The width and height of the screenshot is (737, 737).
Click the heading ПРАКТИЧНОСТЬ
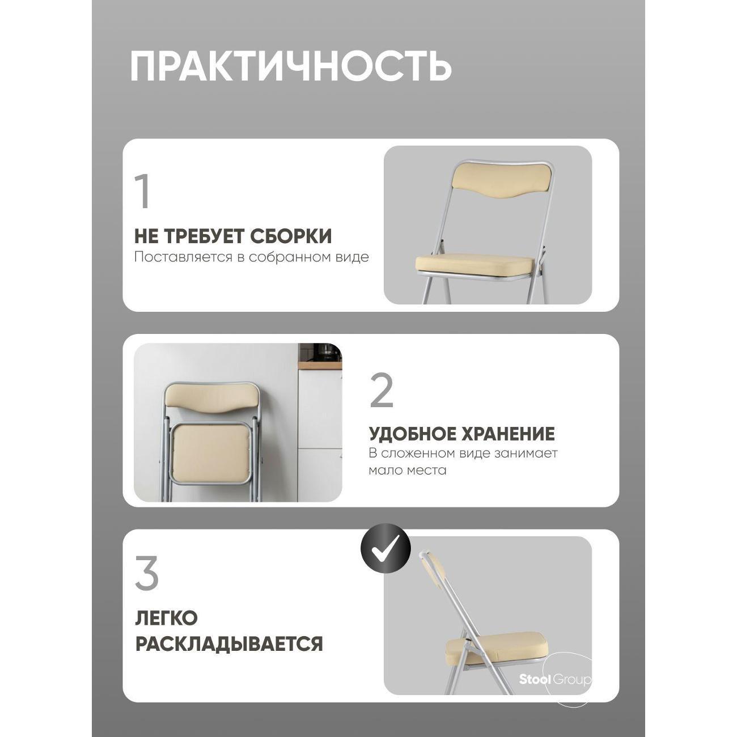coord(290,66)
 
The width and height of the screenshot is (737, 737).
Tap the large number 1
coord(142,192)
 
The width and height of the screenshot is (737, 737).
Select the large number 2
coord(382,391)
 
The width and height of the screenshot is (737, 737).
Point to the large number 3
coord(147,574)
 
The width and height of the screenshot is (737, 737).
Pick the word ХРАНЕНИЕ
coord(509,434)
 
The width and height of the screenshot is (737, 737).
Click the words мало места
coord(407,470)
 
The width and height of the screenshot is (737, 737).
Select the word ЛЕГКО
coord(166,618)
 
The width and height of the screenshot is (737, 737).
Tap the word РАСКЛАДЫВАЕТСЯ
coord(229,644)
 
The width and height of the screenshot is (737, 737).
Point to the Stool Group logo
coord(555,680)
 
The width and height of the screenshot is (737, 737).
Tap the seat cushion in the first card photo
coord(475,265)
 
